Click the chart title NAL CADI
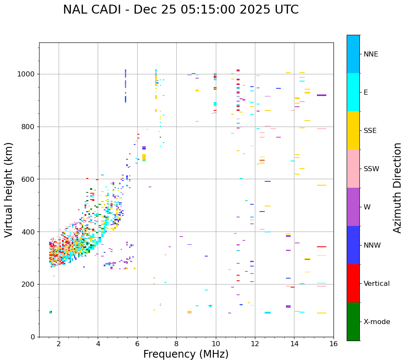181,10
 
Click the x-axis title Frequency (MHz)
186,354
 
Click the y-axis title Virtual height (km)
9,190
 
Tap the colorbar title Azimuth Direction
397,188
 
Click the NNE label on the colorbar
370,54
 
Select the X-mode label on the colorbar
376,322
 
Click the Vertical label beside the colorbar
376,284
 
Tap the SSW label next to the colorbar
371,169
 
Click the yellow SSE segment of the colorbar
353,130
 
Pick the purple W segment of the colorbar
353,207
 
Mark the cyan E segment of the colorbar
353,92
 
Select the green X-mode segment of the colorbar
353,322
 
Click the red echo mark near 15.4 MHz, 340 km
322,247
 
